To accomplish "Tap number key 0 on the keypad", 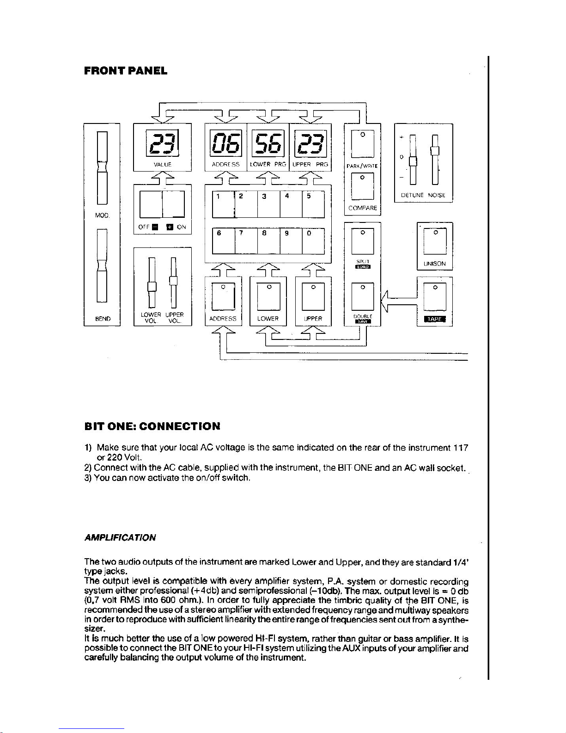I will coord(313,242).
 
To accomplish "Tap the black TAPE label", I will coord(434,320).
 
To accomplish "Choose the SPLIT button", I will coord(363,241).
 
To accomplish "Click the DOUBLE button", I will coord(363,296).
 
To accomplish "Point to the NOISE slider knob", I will coord(434,151).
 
